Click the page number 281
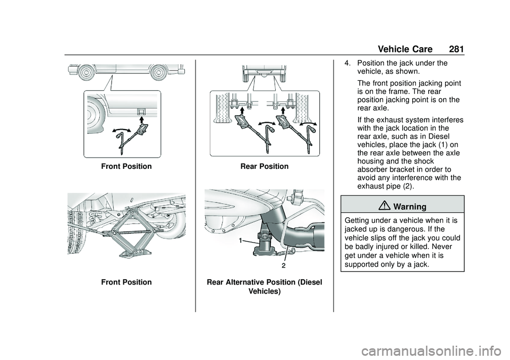click(x=456, y=49)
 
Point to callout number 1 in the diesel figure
click(x=241, y=241)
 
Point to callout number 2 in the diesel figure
click(x=283, y=264)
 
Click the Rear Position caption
click(x=265, y=166)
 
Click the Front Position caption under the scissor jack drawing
click(x=126, y=282)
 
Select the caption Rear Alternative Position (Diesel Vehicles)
click(x=265, y=287)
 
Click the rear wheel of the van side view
click(x=159, y=72)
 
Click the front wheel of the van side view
click(x=85, y=72)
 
